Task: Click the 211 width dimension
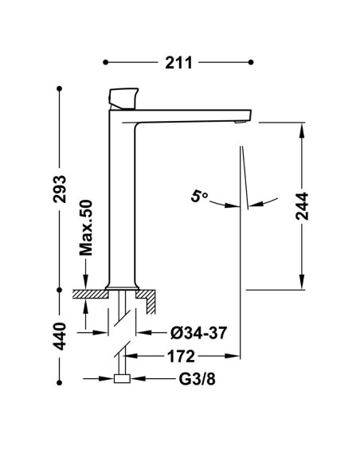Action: pos(178,63)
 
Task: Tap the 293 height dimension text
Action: pos(60,189)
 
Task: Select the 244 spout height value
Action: pos(302,206)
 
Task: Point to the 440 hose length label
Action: pos(60,336)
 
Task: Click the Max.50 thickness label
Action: pos(86,228)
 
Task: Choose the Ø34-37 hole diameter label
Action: pos(198,333)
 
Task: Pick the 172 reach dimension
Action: pos(181,356)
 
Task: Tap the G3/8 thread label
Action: pos(197,379)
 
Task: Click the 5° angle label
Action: pos(198,197)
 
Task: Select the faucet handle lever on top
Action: pos(123,99)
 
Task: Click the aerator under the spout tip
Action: pos(240,122)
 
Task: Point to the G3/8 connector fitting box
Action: pos(122,379)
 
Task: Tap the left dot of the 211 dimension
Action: pos(106,62)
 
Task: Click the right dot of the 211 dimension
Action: pos(251,62)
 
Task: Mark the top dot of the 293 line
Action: pos(59,88)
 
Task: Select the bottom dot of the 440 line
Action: pos(59,383)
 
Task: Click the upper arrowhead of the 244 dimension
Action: pos(302,130)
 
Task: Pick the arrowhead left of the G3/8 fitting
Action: pos(107,379)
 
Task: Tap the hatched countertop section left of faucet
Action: pos(91,294)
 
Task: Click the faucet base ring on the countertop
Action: pos(122,288)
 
